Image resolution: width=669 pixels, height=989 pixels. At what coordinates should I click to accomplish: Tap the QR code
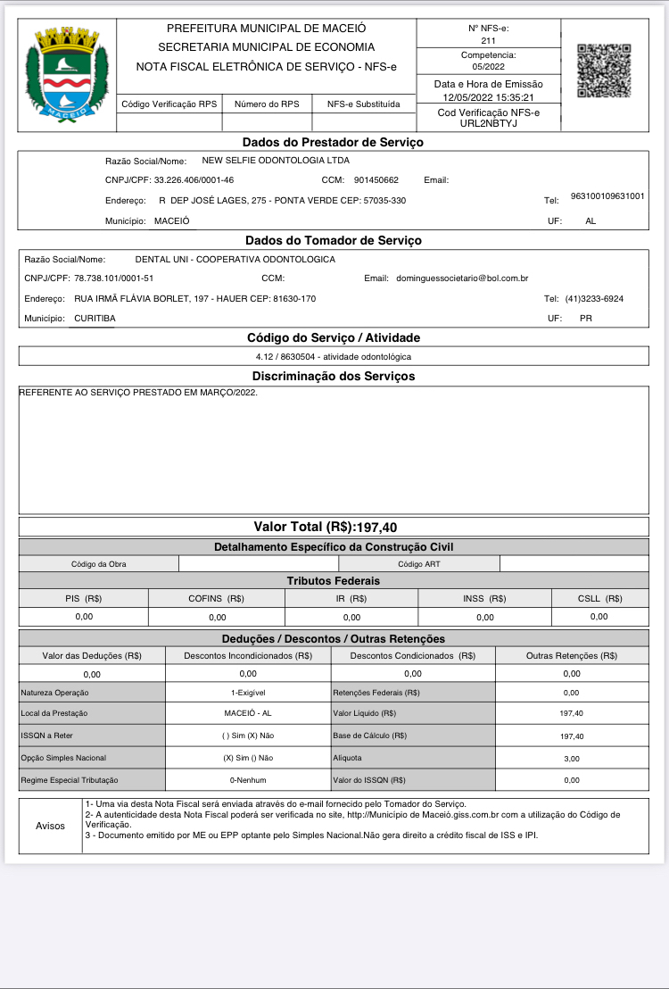click(604, 71)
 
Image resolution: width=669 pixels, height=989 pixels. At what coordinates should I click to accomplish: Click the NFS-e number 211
click(488, 41)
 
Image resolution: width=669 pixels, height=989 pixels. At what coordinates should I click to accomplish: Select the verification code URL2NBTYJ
click(488, 123)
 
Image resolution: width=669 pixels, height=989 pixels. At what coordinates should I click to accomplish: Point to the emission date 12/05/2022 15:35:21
click(488, 97)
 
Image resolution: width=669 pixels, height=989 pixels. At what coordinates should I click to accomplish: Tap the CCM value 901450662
click(376, 180)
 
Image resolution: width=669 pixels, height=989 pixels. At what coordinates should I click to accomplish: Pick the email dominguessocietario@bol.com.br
click(461, 278)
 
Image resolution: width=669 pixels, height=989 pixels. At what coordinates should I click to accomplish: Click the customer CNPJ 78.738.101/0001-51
click(114, 278)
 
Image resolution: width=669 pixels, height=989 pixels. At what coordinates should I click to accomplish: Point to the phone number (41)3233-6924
click(594, 298)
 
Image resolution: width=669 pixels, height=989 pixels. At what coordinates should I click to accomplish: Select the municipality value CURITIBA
click(95, 318)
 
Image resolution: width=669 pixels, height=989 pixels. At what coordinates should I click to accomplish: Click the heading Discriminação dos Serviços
click(333, 377)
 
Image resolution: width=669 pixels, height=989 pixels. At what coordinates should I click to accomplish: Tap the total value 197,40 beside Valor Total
click(376, 528)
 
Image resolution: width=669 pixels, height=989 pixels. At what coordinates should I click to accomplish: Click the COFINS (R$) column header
click(217, 598)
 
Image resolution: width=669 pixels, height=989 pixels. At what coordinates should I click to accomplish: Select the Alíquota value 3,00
click(572, 758)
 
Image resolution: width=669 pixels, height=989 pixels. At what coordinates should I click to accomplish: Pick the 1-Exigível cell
click(248, 693)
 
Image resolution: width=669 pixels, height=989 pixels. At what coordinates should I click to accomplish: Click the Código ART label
click(418, 563)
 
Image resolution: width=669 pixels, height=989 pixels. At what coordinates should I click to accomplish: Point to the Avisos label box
click(50, 826)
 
